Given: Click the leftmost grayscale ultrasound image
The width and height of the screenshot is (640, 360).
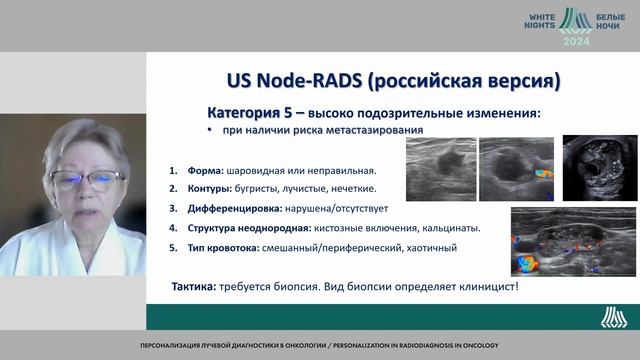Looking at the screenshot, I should pyautogui.click(x=440, y=164).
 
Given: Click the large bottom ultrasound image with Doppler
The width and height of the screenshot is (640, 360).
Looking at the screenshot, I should pyautogui.click(x=563, y=241).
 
